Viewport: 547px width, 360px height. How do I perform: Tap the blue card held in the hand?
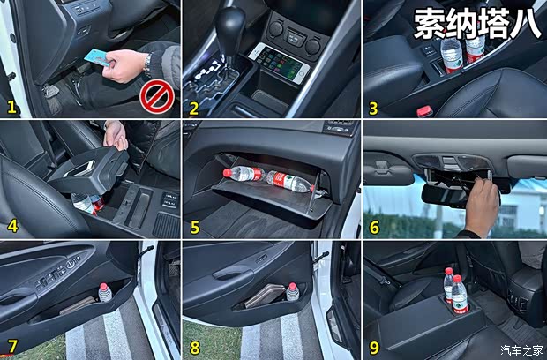tap(100, 59)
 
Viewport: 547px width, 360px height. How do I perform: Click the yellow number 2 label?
tap(194, 108)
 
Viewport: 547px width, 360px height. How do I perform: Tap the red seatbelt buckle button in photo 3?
tap(424, 111)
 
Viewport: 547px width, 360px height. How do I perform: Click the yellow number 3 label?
tap(374, 108)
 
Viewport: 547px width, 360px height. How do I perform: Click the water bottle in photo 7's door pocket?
tap(105, 292)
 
